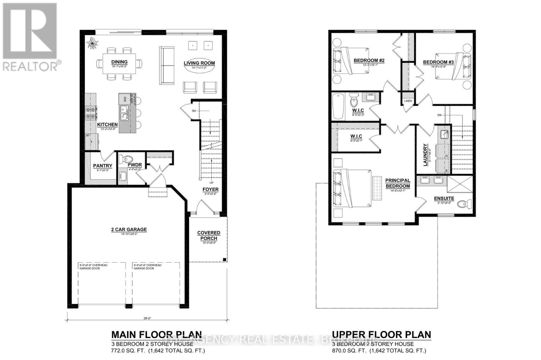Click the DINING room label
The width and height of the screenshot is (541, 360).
119,62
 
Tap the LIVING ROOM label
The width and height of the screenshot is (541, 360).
199,63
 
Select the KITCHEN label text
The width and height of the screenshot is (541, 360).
107,125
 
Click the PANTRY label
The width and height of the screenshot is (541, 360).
102,166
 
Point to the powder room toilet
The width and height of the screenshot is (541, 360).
128,159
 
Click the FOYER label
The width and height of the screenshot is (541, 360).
210,189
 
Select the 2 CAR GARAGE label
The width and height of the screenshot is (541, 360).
129,230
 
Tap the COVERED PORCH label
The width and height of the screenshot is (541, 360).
209,236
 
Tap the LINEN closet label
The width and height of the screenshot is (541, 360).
408,101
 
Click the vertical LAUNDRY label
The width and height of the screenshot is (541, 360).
425,155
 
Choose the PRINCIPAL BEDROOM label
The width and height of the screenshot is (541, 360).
398,183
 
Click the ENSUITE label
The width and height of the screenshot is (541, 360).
444,198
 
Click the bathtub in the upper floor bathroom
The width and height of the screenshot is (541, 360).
338,106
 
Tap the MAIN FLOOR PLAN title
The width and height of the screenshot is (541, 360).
157,335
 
